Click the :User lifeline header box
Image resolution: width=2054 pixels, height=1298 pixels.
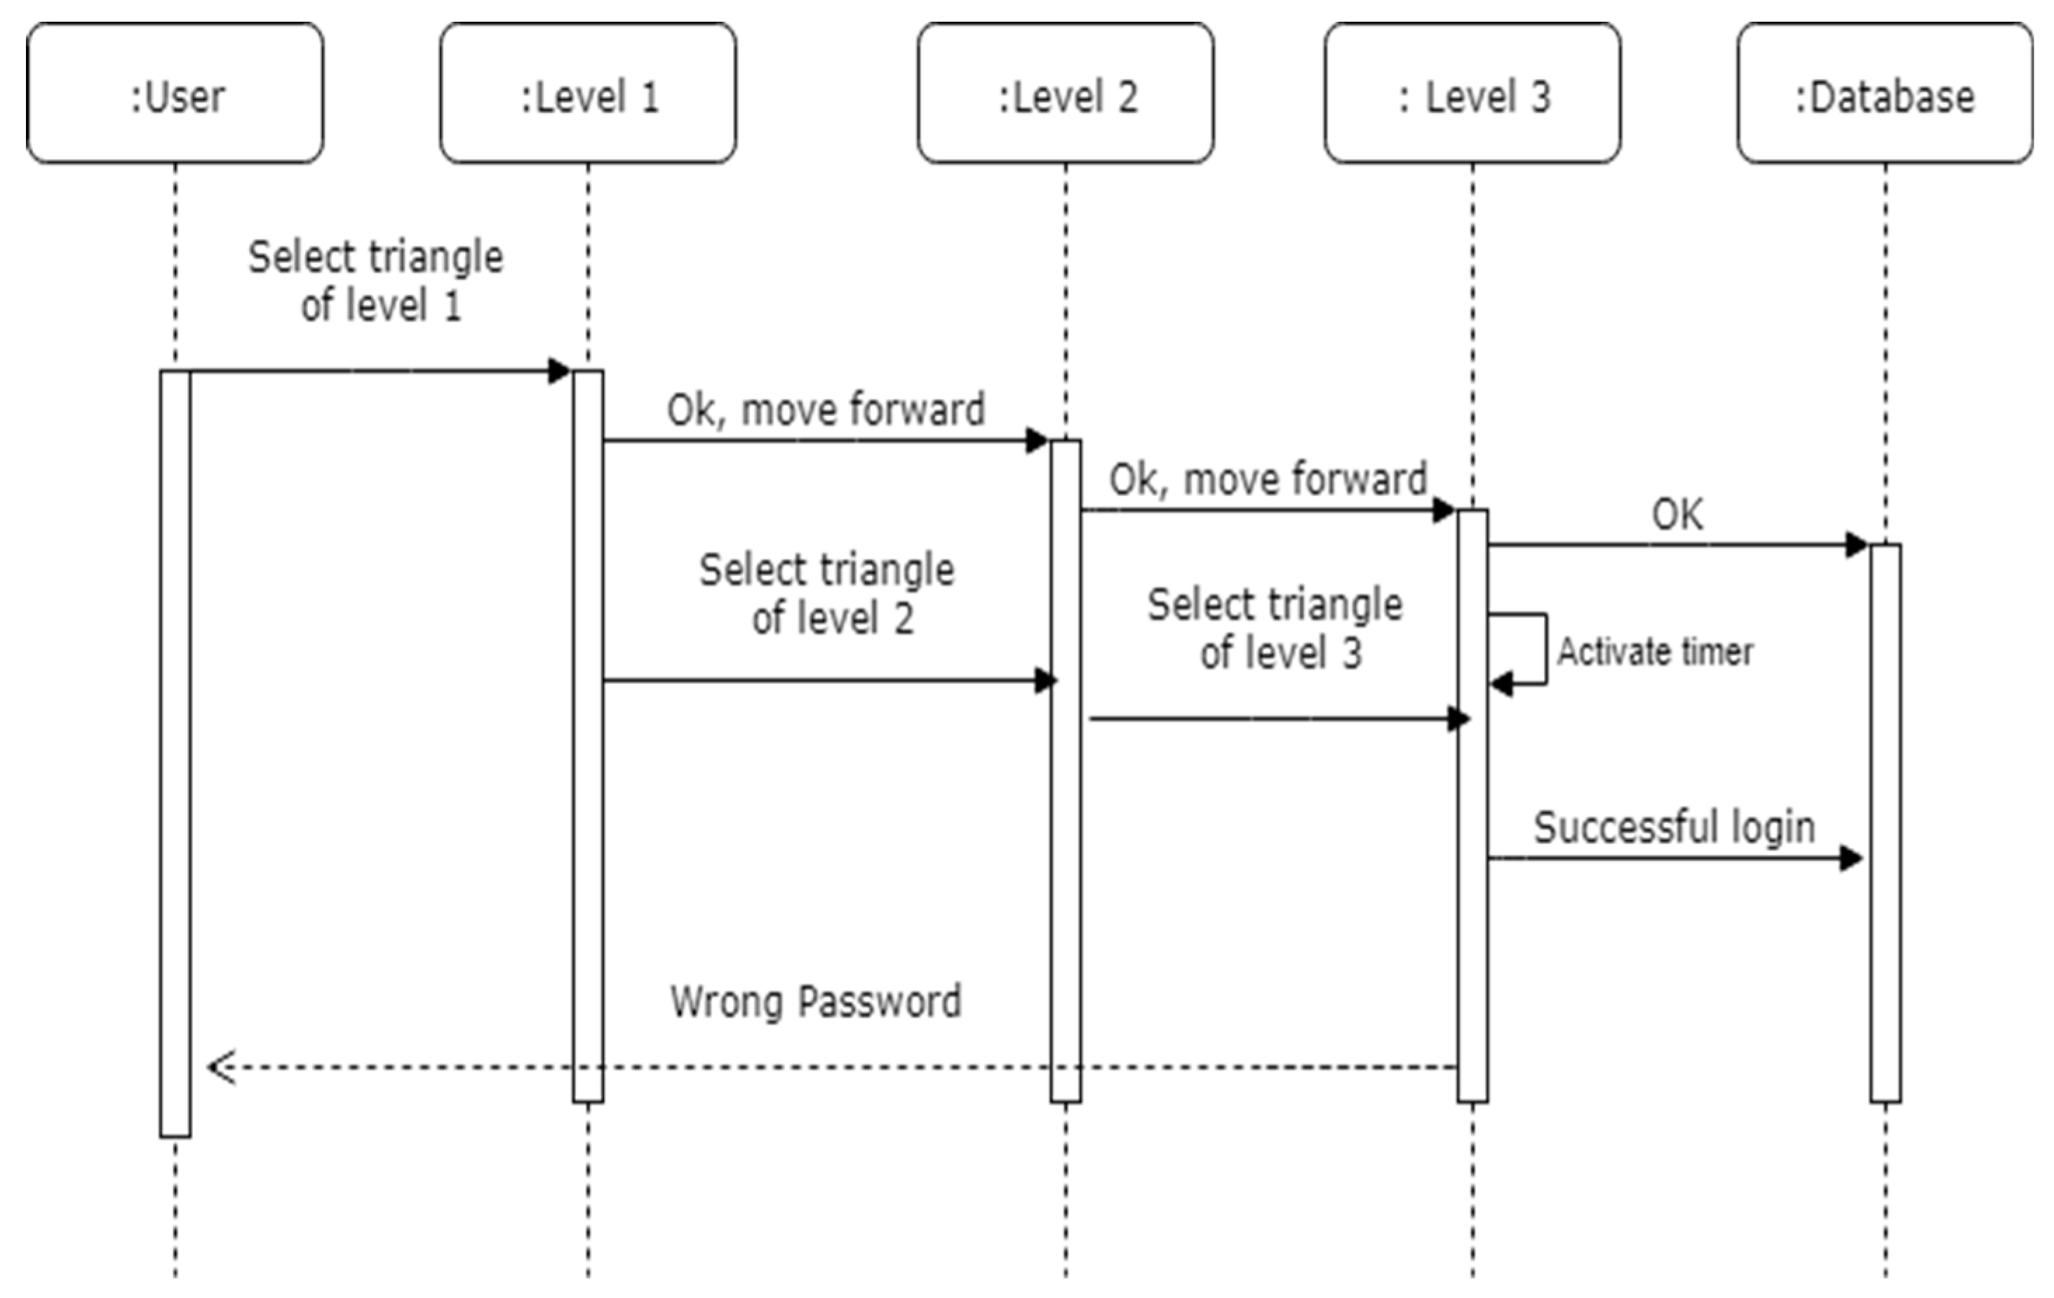(x=175, y=92)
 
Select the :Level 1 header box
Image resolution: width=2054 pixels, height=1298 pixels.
(x=588, y=92)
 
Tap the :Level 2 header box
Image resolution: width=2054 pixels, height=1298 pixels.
(x=1066, y=92)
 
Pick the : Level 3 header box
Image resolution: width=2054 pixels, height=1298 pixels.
(x=1472, y=92)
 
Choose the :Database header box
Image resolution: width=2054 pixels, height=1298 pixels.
(x=1885, y=92)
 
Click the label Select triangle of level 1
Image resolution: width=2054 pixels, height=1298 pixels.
(x=376, y=281)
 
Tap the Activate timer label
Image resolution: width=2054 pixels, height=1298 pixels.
(x=1655, y=652)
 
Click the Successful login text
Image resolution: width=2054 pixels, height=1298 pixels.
(x=1674, y=827)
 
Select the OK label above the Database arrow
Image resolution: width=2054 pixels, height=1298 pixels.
(x=1677, y=514)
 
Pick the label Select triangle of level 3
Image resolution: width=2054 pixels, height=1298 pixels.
(x=1275, y=628)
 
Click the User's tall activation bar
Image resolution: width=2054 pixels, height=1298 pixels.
(x=175, y=751)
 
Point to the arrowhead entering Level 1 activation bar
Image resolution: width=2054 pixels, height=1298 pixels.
(x=560, y=371)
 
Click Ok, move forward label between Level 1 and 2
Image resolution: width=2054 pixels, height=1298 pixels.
(x=826, y=410)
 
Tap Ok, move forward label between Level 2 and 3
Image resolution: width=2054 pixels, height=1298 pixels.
(x=1268, y=479)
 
